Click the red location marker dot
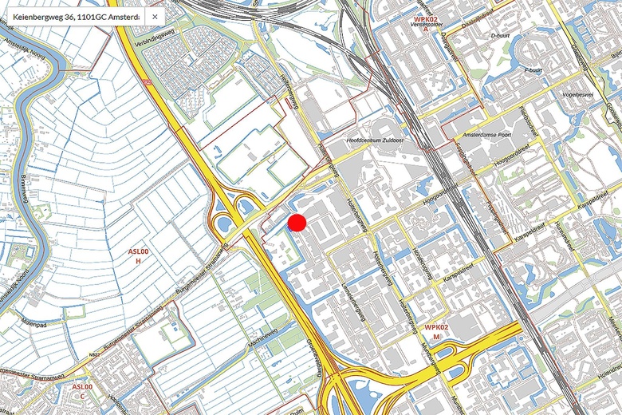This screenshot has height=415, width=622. (297, 223)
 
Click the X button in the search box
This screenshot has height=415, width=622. (155, 17)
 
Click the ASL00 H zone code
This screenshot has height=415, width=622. (139, 256)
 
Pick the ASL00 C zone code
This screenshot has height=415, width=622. (82, 391)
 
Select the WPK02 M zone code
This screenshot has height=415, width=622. (436, 332)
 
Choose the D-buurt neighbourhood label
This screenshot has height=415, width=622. (500, 36)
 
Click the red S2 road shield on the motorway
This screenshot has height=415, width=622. (144, 81)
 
